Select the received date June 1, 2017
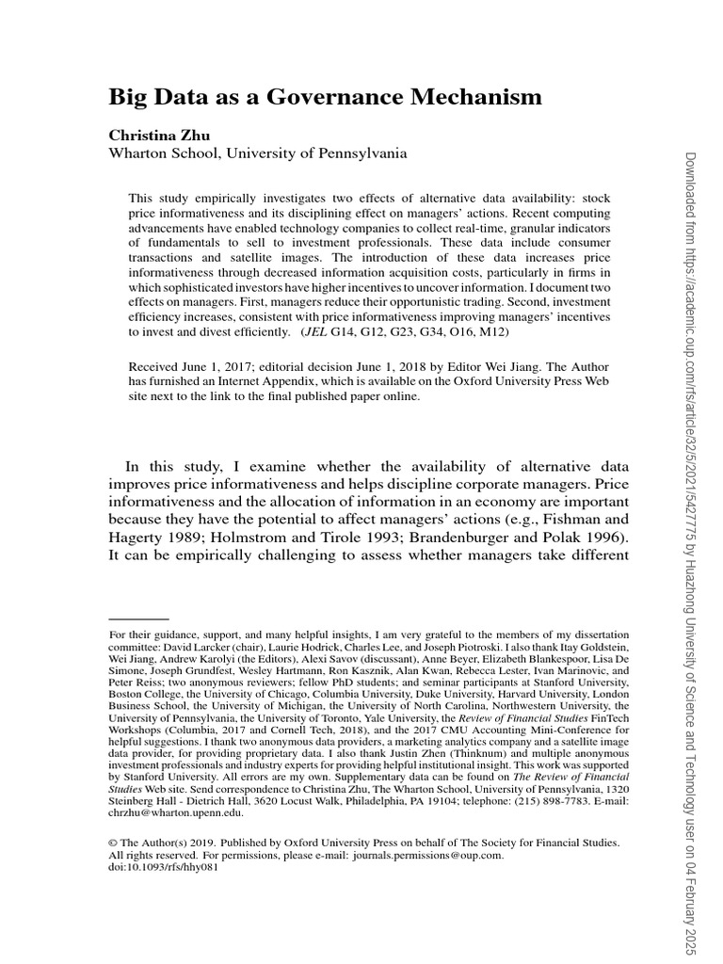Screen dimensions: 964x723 [x=219, y=366]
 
